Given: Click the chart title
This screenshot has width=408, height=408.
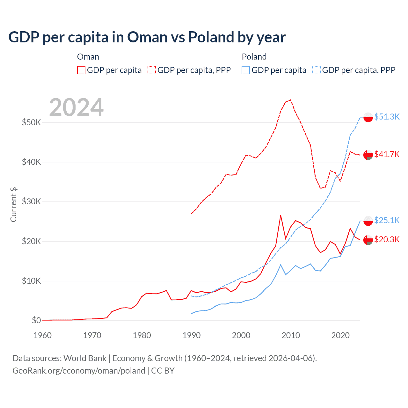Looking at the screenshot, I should coord(147,37).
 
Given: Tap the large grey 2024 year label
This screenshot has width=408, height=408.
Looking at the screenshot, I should coord(76,107).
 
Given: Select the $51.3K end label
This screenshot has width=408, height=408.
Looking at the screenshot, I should coord(387,117).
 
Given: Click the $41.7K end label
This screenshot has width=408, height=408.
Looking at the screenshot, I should coord(387,154).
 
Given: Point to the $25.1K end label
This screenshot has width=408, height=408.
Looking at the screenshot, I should coord(387,220).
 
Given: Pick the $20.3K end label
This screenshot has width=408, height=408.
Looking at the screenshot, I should coord(387,239).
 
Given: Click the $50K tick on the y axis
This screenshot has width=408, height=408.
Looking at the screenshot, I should coord(32,122).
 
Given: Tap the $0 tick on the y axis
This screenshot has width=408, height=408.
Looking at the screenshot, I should coord(36,320).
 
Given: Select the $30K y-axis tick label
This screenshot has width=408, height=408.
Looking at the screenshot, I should coord(32,201).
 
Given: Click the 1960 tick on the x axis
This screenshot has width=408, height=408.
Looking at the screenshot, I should coord(42,335).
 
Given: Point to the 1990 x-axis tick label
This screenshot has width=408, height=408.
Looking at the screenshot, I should coord(192,335).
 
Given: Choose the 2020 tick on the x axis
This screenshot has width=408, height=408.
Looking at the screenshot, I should coord(340,335).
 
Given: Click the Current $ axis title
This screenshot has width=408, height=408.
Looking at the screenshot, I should coord(13,204).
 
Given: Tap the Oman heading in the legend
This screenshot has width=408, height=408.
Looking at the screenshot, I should coord(88,57).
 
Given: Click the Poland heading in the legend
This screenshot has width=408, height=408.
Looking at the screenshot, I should coord(254,57).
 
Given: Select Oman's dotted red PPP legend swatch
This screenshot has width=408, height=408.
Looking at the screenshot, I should coord(152,70).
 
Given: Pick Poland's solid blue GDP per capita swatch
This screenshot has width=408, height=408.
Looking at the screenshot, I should coord(246,70).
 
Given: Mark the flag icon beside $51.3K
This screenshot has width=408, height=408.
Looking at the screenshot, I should coord(368,117).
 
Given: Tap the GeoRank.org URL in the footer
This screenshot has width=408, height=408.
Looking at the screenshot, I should coord(79,371).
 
